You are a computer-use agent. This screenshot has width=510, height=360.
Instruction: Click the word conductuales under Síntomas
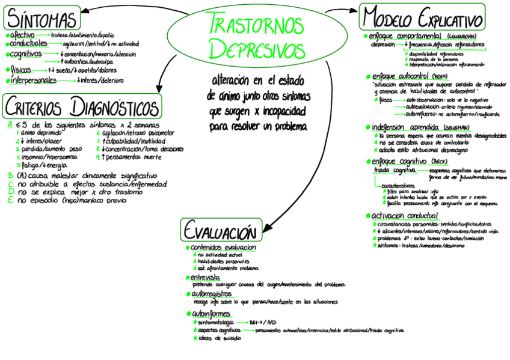pyautogui.click(x=29, y=44)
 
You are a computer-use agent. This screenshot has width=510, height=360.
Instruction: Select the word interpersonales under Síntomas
pyautogui.click(x=33, y=80)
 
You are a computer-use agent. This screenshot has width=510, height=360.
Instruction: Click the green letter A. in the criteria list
pyautogui.click(x=10, y=126)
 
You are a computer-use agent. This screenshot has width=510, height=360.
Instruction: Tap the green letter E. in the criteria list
pyautogui.click(x=10, y=200)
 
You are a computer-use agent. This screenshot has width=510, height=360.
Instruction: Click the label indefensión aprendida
pyautogui.click(x=404, y=127)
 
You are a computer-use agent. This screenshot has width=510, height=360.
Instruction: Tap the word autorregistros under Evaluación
pyautogui.click(x=212, y=294)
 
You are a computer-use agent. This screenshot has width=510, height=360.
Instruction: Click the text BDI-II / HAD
pyautogui.click(x=263, y=322)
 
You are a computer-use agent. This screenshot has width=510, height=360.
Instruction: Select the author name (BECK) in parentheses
pyautogui.click(x=438, y=163)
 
